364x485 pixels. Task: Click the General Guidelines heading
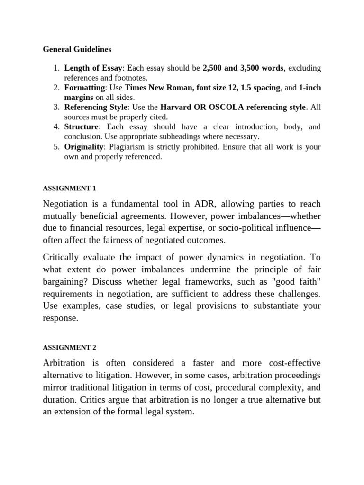click(x=77, y=49)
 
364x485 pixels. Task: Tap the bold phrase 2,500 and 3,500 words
click(x=243, y=68)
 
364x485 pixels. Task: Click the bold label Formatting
click(x=84, y=88)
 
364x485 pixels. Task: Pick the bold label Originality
click(x=84, y=147)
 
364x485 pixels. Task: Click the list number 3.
click(x=55, y=107)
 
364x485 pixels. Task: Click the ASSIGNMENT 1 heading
click(x=70, y=188)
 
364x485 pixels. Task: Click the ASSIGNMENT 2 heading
click(x=70, y=347)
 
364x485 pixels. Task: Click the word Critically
click(x=64, y=257)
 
